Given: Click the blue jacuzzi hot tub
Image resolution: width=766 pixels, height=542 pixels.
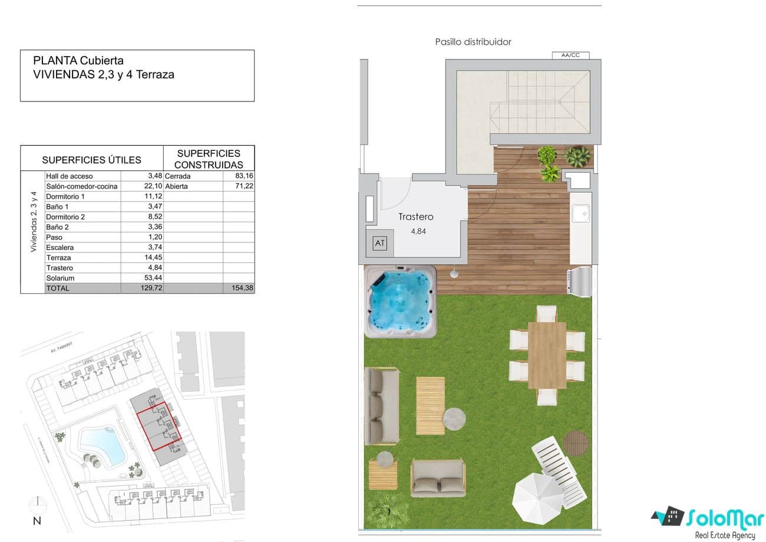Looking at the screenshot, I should pyautogui.click(x=400, y=300).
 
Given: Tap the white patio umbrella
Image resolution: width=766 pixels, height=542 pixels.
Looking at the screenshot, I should pyautogui.click(x=538, y=497).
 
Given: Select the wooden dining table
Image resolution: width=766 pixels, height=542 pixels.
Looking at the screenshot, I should pyautogui.click(x=547, y=355).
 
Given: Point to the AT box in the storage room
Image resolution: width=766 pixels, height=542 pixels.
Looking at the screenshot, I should pyautogui.click(x=380, y=243).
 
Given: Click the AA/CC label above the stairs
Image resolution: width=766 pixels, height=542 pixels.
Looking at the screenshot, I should pyautogui.click(x=570, y=55).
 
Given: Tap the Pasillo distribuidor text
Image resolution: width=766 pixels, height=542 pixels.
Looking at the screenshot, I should pyautogui.click(x=473, y=42).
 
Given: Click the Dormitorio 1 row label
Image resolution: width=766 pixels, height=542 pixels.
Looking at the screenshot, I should pyautogui.click(x=65, y=196).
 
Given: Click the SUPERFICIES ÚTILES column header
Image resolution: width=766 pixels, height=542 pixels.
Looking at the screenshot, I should pyautogui.click(x=91, y=160).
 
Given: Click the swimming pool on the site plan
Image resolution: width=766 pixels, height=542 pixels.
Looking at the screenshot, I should pyautogui.click(x=101, y=444).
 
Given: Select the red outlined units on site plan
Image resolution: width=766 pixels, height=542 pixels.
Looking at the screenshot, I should pyautogui.click(x=159, y=426).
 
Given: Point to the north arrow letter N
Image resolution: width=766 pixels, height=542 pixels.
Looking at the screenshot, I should pyautogui.click(x=37, y=521).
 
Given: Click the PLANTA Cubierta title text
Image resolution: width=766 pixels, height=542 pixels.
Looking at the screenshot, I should pyautogui.click(x=78, y=60).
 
